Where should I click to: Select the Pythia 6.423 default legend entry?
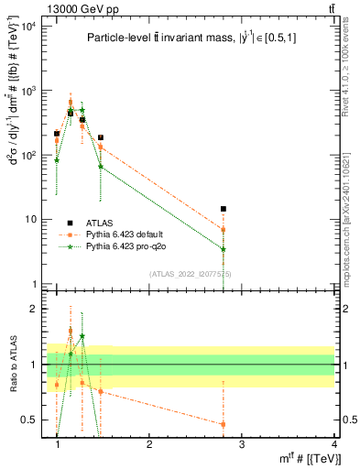click(x=124, y=234)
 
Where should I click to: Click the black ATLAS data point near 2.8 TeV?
click(x=223, y=209)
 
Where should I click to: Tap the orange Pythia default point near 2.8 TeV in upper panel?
click(x=223, y=229)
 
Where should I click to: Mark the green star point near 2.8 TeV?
click(x=223, y=248)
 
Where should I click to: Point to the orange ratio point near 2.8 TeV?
click(x=223, y=424)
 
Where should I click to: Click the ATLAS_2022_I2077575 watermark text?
click(x=191, y=274)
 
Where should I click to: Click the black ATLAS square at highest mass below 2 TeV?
click(x=101, y=137)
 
